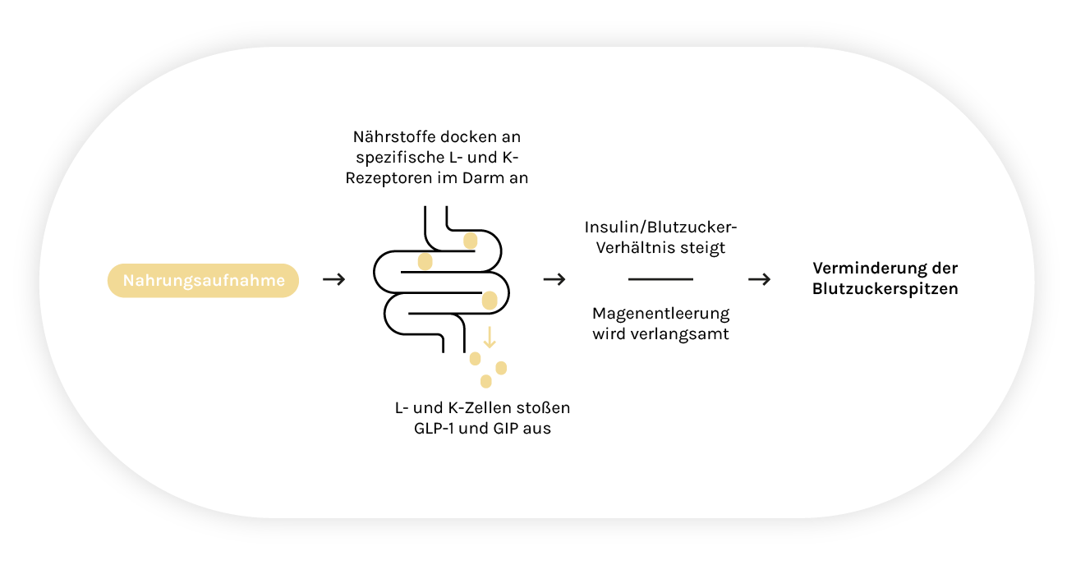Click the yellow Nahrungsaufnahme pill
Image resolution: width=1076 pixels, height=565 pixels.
click(203, 281)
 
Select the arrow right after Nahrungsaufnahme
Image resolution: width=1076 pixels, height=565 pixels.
click(333, 280)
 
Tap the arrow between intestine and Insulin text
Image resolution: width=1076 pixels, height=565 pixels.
click(555, 280)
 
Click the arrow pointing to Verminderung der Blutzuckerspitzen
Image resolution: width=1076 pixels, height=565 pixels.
click(760, 280)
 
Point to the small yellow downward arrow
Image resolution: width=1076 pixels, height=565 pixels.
click(490, 338)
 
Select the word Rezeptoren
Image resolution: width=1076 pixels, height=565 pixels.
click(389, 178)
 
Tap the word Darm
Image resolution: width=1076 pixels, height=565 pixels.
click(484, 178)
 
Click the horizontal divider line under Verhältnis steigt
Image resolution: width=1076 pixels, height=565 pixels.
click(660, 280)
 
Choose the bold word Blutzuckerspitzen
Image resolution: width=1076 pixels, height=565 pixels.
click(885, 289)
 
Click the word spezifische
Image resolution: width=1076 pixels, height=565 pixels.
click(397, 157)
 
